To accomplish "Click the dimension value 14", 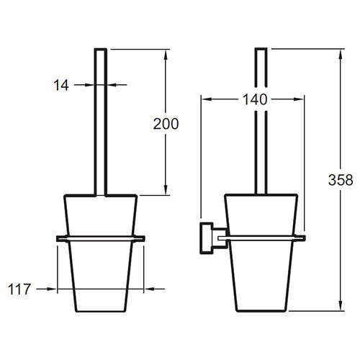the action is (x=61, y=85).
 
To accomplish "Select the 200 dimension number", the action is (x=166, y=124).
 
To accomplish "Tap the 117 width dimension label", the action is (x=19, y=289).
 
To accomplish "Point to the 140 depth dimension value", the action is (x=255, y=99).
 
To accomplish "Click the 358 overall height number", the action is (x=341, y=180).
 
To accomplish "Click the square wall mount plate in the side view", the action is (x=207, y=238).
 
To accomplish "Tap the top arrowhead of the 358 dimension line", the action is (x=340, y=54).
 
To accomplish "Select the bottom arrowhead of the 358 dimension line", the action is (x=340, y=306).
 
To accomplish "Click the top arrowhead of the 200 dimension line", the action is (x=166, y=55).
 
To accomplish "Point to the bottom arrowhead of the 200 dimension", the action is (x=166, y=190).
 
